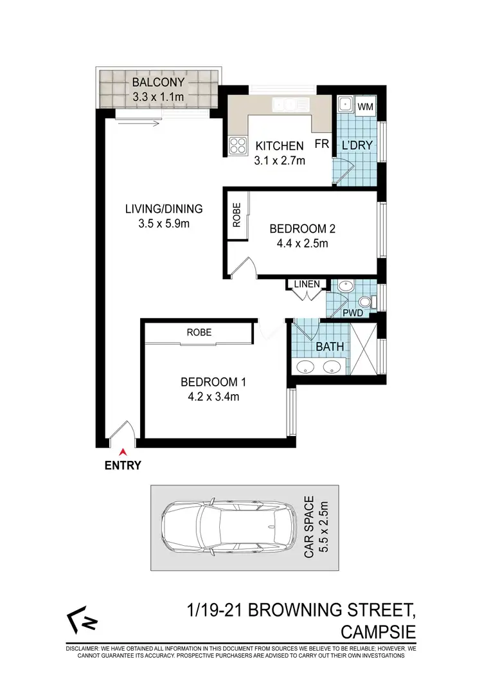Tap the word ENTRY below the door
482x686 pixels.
coord(122,466)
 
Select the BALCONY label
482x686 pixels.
coord(158,82)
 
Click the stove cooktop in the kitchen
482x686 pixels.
coord(237,146)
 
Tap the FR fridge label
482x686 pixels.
coord(321,145)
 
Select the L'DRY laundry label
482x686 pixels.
coord(357,145)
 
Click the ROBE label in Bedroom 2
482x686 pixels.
coord(237,214)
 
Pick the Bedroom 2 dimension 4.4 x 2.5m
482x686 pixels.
coord(299,243)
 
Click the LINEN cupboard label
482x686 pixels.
coord(307,284)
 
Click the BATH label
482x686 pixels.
coord(330,347)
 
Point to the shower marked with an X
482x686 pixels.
coord(364,350)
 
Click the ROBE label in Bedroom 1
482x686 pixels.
coord(199,332)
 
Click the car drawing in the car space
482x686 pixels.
coord(228,527)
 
